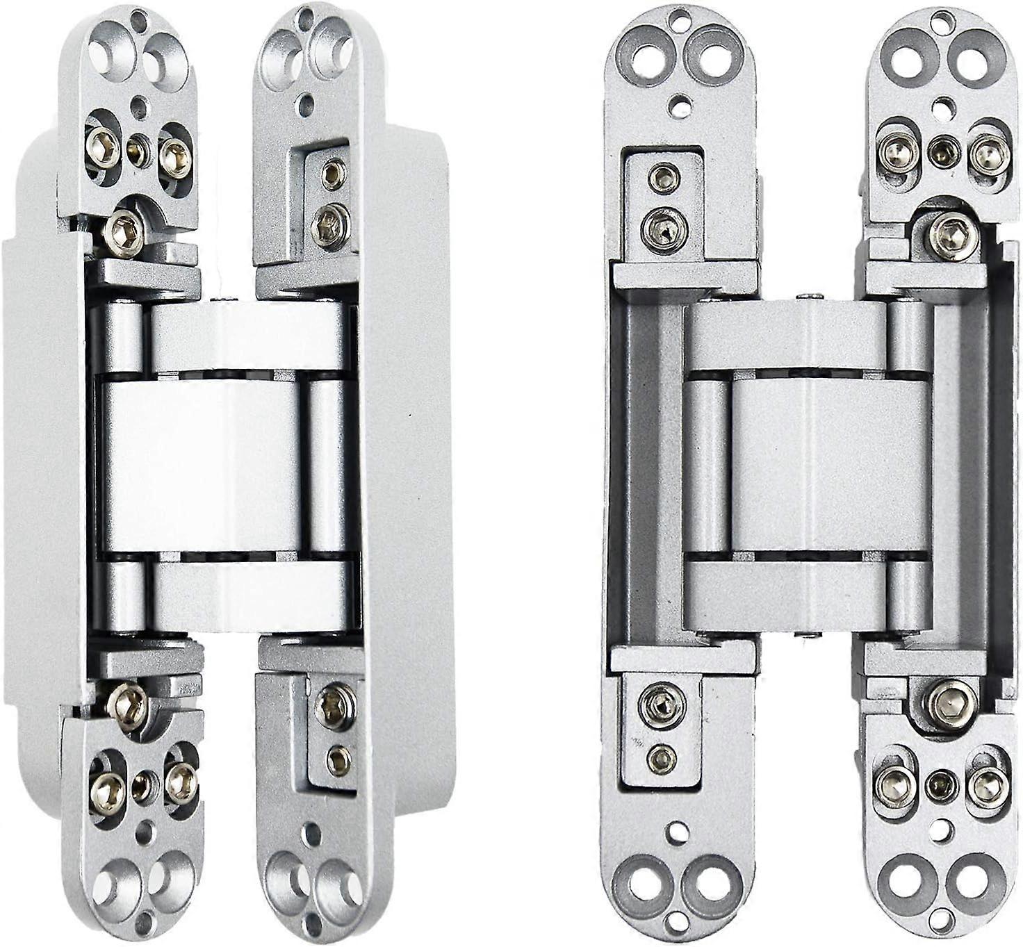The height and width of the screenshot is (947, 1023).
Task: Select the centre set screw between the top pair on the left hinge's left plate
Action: point(138,148)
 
